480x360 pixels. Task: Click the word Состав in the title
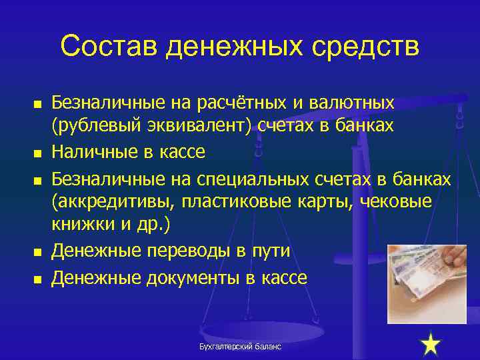pyautogui.click(x=107, y=47)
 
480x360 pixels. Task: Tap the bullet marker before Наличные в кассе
pyautogui.click(x=38, y=154)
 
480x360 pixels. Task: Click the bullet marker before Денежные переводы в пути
pyautogui.click(x=38, y=252)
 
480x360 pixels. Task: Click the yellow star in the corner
pyautogui.click(x=431, y=345)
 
